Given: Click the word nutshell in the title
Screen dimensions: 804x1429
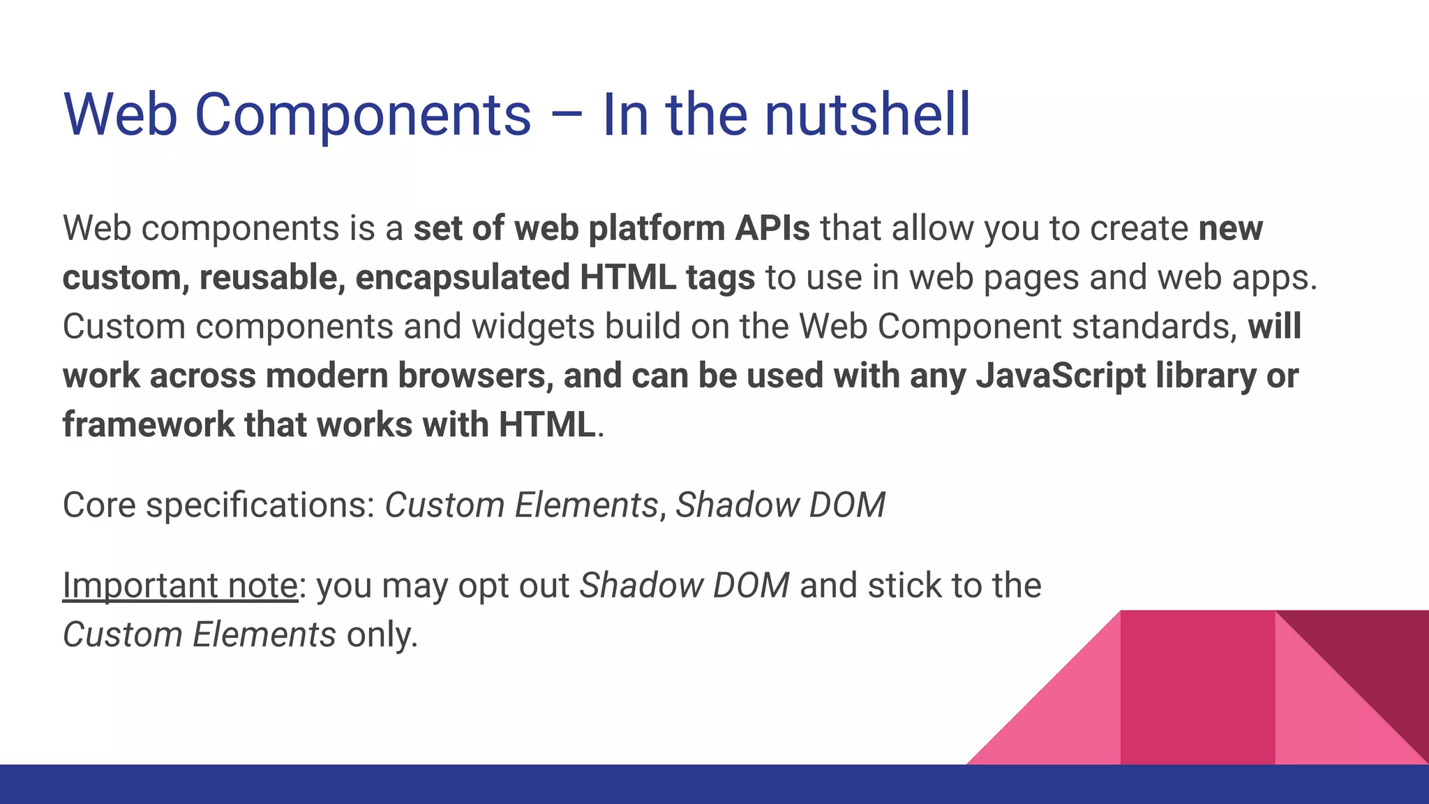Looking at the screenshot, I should pos(867,114).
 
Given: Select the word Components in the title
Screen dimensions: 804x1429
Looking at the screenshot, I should pos(363,116).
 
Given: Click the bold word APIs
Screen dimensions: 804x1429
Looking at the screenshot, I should pos(772,228).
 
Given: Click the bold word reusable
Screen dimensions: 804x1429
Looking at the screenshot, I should pos(271,277).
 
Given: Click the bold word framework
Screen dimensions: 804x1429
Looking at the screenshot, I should pos(148,424).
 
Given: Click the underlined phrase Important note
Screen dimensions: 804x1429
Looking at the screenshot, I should pos(180,586).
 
